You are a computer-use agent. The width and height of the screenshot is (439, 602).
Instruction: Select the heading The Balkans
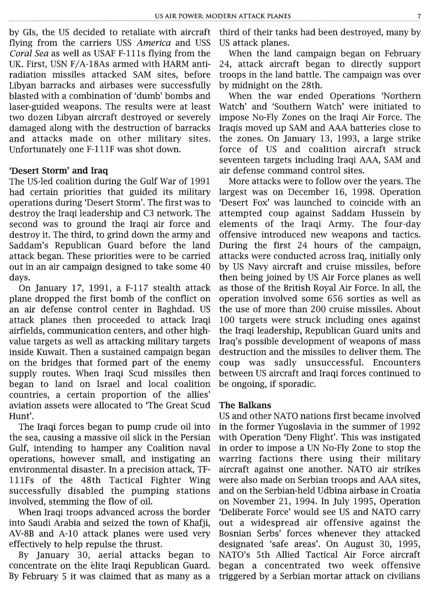point(245,405)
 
